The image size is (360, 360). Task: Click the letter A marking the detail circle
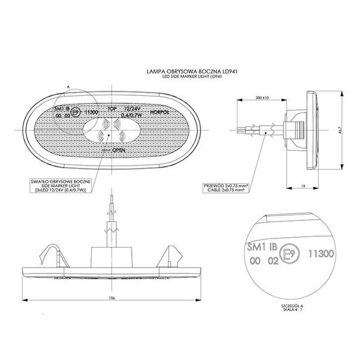pyautogui.click(x=68, y=86)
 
